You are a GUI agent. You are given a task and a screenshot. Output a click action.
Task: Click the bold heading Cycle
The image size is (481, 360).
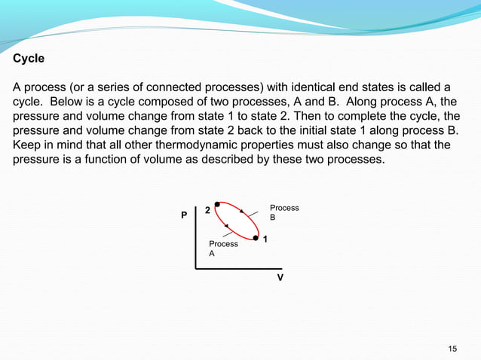(x=29, y=58)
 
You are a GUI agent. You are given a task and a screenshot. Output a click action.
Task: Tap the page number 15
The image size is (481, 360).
(x=452, y=347)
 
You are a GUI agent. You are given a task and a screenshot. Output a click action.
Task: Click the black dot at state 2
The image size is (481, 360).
(x=217, y=204)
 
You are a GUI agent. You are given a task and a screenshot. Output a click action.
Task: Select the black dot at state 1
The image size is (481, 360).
(x=256, y=238)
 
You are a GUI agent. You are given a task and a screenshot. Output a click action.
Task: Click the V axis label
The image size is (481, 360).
(x=280, y=277)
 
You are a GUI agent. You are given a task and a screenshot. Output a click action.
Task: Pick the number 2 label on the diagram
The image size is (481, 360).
(x=207, y=211)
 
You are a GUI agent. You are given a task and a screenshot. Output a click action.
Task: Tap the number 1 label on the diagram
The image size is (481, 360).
(x=266, y=239)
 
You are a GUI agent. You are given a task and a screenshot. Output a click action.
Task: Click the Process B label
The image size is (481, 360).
(x=283, y=212)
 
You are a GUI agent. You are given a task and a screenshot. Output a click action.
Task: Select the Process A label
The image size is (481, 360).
(x=223, y=249)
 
